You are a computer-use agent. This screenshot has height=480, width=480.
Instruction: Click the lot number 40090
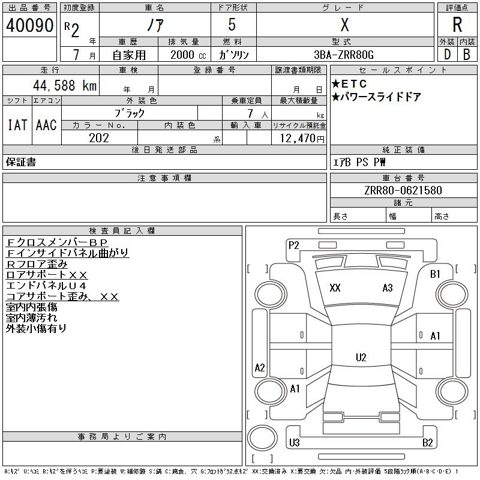coord(29,25)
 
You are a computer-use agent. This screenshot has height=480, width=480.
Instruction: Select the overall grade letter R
coord(457,25)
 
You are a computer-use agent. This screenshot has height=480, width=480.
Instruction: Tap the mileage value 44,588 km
coord(65,85)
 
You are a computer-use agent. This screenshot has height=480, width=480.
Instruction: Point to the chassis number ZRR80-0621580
coord(403,190)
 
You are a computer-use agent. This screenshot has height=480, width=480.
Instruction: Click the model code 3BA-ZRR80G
coord(344,55)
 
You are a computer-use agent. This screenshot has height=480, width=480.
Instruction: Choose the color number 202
coord(99,138)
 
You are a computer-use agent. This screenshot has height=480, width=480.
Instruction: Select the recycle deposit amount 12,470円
coord(302,139)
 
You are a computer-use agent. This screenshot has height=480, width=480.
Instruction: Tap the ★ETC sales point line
coord(349,83)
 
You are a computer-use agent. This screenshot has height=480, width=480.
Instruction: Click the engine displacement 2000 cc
coord(188,55)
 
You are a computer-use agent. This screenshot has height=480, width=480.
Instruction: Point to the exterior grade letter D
coord(447,55)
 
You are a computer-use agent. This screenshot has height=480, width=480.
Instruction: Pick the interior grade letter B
coord(467,55)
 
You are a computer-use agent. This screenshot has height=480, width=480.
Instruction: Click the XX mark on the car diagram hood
coord(335,288)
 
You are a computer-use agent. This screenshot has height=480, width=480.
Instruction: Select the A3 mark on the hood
coord(388,288)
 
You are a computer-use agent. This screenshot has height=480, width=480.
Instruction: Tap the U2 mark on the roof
coord(361,357)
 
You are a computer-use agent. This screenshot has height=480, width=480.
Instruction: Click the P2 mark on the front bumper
coord(293,245)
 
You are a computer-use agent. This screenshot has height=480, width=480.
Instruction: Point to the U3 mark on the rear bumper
coord(294,442)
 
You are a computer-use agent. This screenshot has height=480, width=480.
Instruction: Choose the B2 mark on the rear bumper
coord(428,442)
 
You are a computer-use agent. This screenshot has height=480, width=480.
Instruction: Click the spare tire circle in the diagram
coord(262,438)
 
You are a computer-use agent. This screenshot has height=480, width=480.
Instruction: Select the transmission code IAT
coord(17,125)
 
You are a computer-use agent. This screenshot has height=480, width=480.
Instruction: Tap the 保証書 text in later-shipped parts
coord(21,162)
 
